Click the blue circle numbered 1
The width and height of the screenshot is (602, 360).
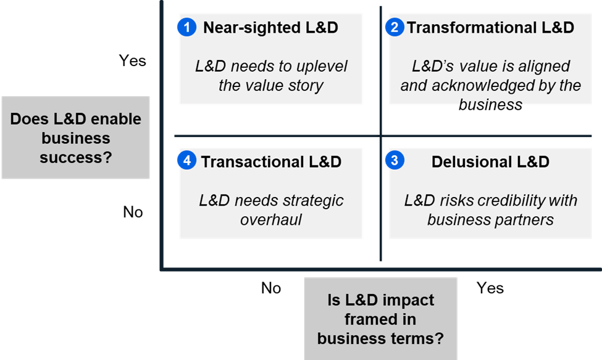coord(187,27)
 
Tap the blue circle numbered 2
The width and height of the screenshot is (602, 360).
coord(395,27)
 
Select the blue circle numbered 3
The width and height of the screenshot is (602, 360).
coord(395,160)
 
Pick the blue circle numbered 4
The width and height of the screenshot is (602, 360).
coord(187,160)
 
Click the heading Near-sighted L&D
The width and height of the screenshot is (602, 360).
coord(270,28)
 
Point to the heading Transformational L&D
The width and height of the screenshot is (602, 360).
coord(491,28)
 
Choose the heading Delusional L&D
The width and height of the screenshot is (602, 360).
coord(490,162)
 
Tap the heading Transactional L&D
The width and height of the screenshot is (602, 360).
coord(271,162)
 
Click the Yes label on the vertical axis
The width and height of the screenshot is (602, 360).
coord(133,61)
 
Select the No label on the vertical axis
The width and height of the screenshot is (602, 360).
coord(133,212)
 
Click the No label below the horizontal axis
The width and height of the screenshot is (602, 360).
coord(271,288)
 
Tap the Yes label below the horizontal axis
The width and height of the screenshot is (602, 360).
coord(490,288)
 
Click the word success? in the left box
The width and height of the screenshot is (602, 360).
coord(75,157)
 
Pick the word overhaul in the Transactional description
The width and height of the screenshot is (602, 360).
coord(271,220)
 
